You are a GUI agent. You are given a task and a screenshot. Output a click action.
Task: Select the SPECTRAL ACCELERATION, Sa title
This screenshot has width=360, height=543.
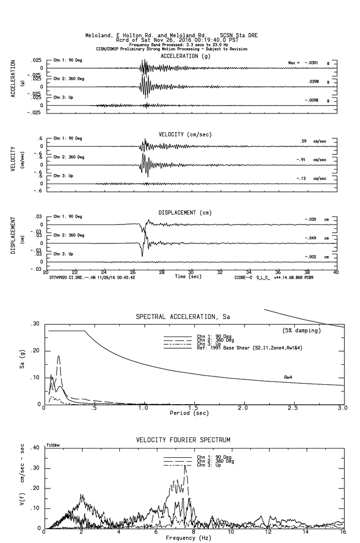pyautogui.click(x=183, y=317)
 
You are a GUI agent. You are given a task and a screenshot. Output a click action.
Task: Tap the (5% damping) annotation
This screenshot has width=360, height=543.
pyautogui.click(x=302, y=331)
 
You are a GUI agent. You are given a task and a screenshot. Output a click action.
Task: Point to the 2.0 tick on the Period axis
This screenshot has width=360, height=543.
pyautogui.click(x=243, y=408)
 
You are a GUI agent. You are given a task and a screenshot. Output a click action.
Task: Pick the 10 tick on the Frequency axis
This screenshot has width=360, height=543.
pyautogui.click(x=231, y=533)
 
